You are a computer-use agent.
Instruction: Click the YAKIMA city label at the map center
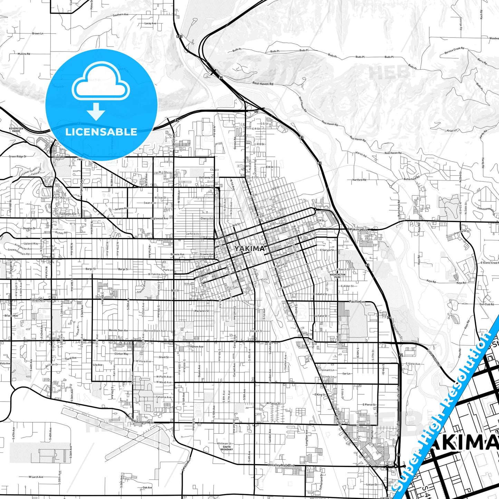pyautogui.click(x=249, y=249)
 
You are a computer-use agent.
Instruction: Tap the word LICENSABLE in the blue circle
pyautogui.click(x=101, y=132)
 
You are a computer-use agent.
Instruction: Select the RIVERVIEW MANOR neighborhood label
pyautogui.click(x=16, y=130)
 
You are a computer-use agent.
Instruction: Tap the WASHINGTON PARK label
pyautogui.click(x=337, y=276)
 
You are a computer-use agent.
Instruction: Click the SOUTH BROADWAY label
pyautogui.click(x=227, y=448)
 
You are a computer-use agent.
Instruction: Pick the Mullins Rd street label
pyautogui.click(x=24, y=54)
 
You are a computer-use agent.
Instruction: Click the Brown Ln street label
pyautogui.click(x=38, y=34)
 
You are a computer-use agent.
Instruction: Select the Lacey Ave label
pyautogui.click(x=150, y=23)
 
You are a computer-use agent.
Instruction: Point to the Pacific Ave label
pyautogui.click(x=357, y=302)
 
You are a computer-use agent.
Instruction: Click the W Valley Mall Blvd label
pyautogui.click(x=281, y=465)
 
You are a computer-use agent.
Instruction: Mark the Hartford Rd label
pyautogui.click(x=359, y=180)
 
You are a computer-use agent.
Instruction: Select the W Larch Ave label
pyautogui.click(x=36, y=477)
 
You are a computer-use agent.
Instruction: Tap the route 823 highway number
pyautogui.click(x=179, y=36)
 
